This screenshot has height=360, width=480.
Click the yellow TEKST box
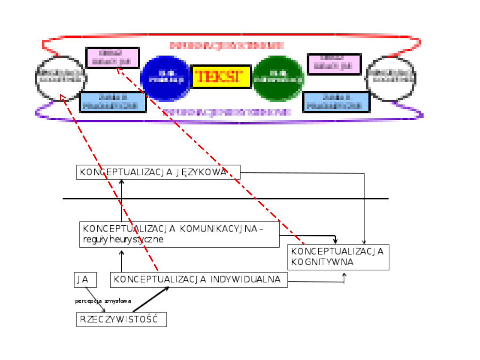pyautogui.click(x=221, y=76)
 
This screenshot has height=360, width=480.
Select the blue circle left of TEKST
pyautogui.click(x=166, y=79)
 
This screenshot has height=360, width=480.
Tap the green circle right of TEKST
pyautogui.click(x=278, y=79)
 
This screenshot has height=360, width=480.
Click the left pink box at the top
pyautogui.click(x=112, y=58)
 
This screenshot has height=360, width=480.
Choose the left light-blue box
pyautogui.click(x=113, y=102)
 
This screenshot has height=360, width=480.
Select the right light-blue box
pyautogui.click(x=336, y=102)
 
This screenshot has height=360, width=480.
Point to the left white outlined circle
pyautogui.click(x=61, y=78)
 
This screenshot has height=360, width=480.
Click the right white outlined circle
pyautogui.click(x=391, y=78)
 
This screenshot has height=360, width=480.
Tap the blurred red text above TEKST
pyautogui.click(x=227, y=45)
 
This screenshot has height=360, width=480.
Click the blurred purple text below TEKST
pyautogui.click(x=227, y=112)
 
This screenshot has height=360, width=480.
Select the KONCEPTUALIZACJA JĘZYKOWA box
pyautogui.click(x=158, y=172)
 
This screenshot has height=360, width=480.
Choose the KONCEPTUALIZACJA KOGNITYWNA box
pyautogui.click(x=338, y=257)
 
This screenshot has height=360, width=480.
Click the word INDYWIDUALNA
pyautogui.click(x=245, y=280)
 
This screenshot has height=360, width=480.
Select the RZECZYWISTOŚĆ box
pyautogui.click(x=121, y=320)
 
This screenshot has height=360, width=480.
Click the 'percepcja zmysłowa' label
pyautogui.click(x=103, y=301)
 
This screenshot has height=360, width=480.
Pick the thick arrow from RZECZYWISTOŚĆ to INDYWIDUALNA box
pyautogui.click(x=151, y=300)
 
